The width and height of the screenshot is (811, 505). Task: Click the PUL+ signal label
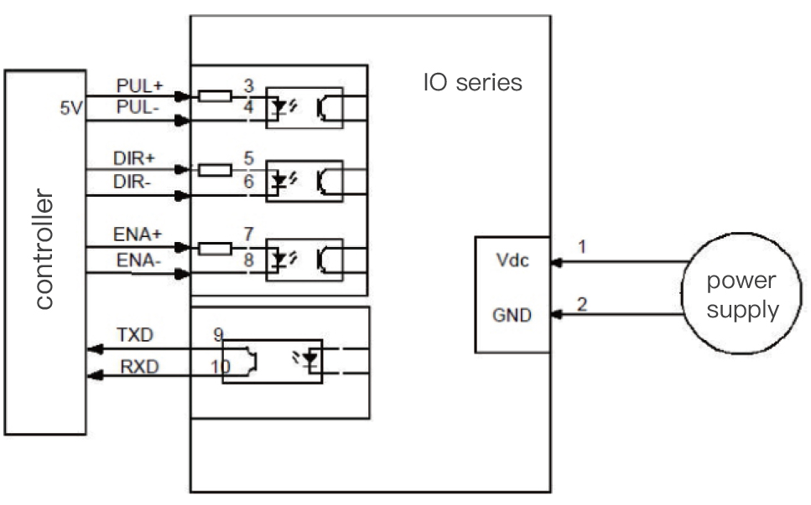(x=140, y=85)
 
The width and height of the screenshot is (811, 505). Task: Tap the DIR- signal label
(x=132, y=182)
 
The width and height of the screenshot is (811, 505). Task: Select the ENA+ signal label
(x=138, y=234)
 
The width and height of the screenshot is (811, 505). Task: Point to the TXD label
(x=135, y=335)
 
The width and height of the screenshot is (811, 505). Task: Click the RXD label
(x=139, y=367)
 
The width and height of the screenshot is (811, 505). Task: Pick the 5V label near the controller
(x=71, y=108)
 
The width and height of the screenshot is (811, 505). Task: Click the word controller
(x=44, y=249)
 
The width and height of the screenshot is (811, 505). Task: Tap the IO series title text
(x=473, y=83)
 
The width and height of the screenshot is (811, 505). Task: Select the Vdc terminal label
(x=512, y=260)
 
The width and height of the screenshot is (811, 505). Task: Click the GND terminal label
(x=512, y=315)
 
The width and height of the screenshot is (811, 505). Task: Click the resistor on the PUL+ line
(x=216, y=95)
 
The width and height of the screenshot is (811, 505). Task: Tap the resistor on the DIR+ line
(x=216, y=170)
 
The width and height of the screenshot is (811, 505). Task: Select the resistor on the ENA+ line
(x=216, y=249)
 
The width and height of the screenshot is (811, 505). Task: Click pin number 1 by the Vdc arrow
(x=582, y=247)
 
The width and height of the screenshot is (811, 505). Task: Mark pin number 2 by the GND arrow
(x=582, y=304)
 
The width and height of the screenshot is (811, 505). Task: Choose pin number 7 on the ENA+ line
(x=249, y=234)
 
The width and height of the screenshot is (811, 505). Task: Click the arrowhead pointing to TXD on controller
(x=95, y=349)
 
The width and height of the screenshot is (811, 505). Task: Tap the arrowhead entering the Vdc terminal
(x=557, y=262)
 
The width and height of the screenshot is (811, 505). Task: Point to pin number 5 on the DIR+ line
(x=249, y=158)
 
